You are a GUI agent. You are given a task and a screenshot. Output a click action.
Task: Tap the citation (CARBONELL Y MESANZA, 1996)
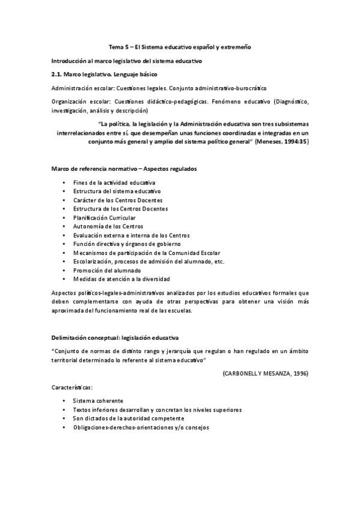click(266, 373)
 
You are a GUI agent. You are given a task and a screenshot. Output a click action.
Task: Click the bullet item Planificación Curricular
click(104, 217)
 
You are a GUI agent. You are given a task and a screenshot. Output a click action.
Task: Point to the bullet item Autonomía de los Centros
click(103, 226)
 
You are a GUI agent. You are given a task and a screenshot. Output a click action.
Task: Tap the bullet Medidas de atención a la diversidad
click(121, 279)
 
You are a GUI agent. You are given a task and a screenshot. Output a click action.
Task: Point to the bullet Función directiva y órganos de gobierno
click(127, 244)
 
